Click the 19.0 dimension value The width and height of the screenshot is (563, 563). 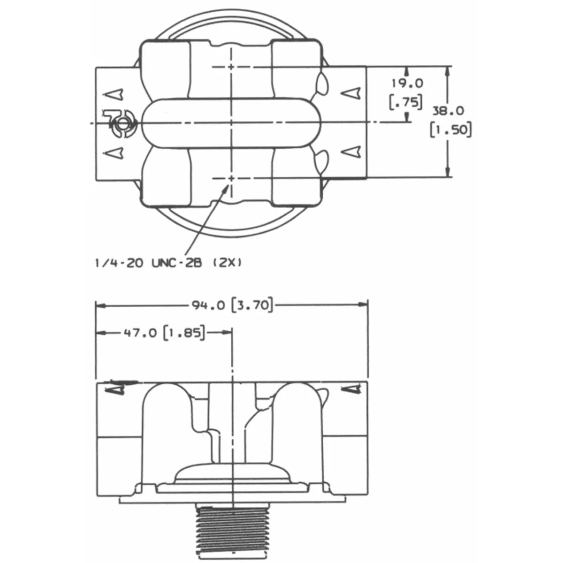coord(407,84)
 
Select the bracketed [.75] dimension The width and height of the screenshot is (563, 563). coord(406,102)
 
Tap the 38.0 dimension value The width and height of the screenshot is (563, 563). coord(448,111)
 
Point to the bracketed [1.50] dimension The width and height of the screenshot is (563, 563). coord(451,129)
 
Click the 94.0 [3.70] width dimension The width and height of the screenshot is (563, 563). coord(232,305)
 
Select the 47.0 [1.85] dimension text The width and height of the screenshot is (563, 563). coord(164,333)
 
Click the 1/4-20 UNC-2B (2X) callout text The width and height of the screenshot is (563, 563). coord(168,263)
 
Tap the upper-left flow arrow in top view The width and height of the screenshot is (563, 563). coord(114,94)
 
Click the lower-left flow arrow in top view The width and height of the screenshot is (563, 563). coord(114,152)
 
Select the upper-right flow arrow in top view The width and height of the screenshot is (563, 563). coord(351,94)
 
